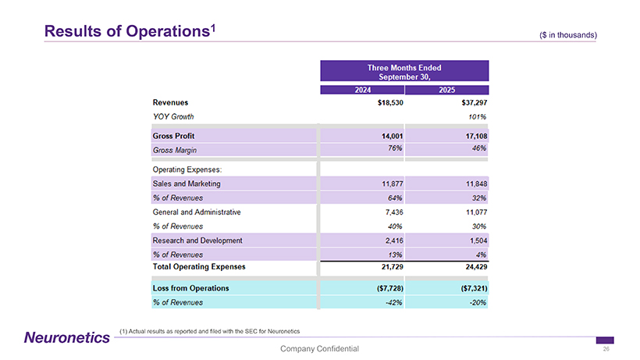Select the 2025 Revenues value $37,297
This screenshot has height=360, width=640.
(x=471, y=103)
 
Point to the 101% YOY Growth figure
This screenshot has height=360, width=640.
(x=478, y=117)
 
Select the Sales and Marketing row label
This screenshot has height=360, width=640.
(x=187, y=184)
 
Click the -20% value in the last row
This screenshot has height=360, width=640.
(x=478, y=302)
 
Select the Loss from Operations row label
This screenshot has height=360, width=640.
(x=191, y=288)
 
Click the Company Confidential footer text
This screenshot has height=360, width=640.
(x=319, y=348)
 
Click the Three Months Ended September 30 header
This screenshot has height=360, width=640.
(x=404, y=71)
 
